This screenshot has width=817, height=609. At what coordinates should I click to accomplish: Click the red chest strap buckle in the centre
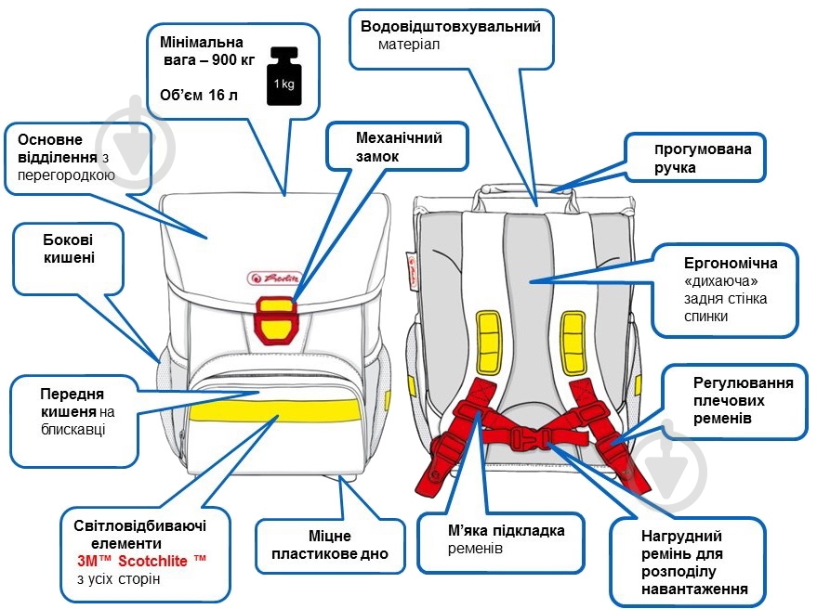pyautogui.click(x=528, y=434)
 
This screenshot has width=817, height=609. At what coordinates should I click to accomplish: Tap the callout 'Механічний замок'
pyautogui.click(x=399, y=147)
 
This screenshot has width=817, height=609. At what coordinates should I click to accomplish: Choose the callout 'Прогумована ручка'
pyautogui.click(x=696, y=158)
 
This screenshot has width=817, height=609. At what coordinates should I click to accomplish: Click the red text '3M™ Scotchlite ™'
pyautogui.click(x=141, y=562)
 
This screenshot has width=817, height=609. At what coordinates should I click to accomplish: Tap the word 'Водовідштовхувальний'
pyautogui.click(x=450, y=26)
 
